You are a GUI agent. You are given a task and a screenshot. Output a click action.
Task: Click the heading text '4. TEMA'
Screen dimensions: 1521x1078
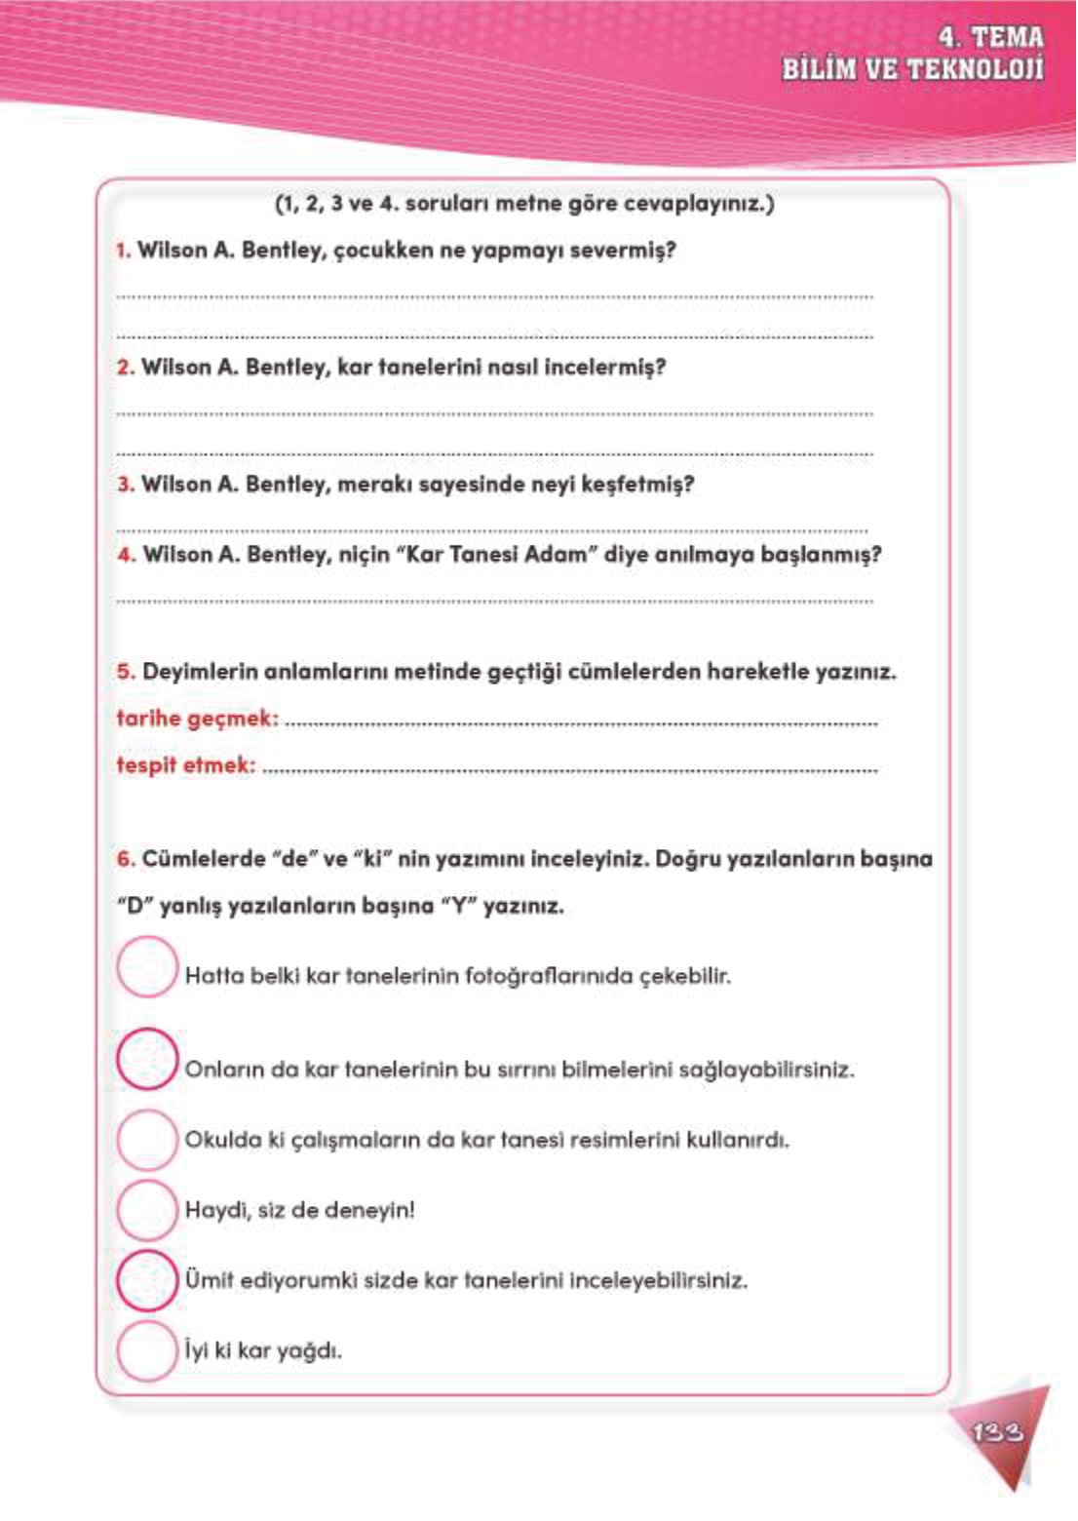[x=990, y=38]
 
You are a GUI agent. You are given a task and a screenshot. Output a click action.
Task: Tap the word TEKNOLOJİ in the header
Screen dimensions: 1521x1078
[x=975, y=70]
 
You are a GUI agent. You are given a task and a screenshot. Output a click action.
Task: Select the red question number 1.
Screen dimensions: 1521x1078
[x=123, y=251]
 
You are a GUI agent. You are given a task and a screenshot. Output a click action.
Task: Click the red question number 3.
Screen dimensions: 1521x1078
[x=125, y=485]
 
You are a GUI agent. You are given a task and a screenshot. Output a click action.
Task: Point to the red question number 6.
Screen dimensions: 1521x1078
[x=125, y=859]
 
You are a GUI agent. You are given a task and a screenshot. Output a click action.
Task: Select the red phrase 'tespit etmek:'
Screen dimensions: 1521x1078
[x=186, y=765]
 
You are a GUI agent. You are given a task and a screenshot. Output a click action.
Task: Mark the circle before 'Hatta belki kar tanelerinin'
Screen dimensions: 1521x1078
[x=147, y=967]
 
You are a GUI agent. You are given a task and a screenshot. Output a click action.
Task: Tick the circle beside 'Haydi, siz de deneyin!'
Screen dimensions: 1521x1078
[x=147, y=1209]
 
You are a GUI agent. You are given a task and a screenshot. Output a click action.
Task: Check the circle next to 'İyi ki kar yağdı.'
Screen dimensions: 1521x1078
[x=147, y=1350]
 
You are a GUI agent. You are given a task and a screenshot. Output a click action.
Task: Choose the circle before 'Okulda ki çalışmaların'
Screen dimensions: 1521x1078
[x=147, y=1139]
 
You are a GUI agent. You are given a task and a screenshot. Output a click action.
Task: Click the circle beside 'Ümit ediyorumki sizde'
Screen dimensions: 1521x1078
[x=147, y=1279]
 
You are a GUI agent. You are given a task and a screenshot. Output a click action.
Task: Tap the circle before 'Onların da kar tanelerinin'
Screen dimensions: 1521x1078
[x=147, y=1060]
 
